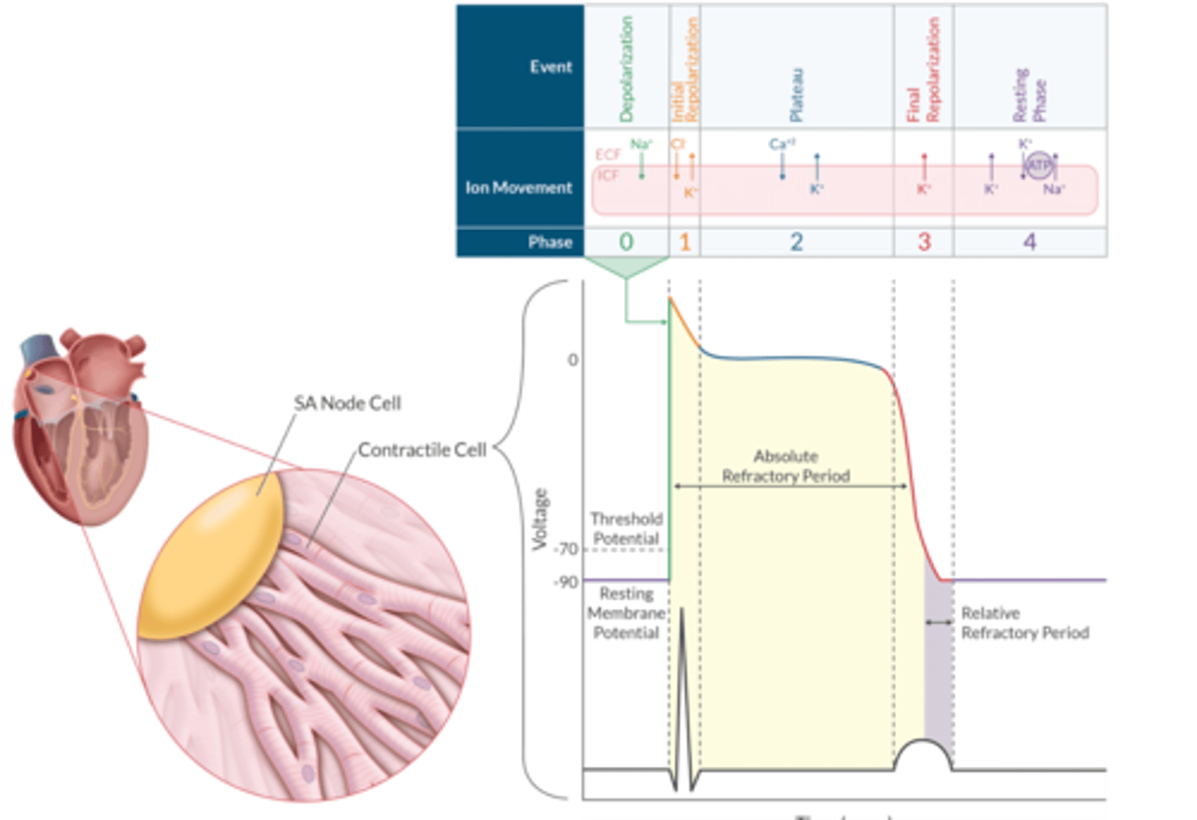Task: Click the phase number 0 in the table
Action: coord(626,242)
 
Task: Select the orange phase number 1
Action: coord(685,242)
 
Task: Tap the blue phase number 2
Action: coord(796,242)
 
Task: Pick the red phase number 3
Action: coord(924,242)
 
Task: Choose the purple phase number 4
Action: coord(1030,242)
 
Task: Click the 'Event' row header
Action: coord(550,66)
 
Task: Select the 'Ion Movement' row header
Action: coord(519,188)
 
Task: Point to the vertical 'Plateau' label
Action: coord(796,95)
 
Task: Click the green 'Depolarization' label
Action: coord(627,69)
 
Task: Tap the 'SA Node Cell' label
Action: coord(347,403)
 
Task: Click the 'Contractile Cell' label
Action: coord(421,449)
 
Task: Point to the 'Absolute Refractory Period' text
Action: coord(786,466)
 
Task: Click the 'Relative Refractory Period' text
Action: coord(1024,623)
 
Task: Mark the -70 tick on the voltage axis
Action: coord(568,549)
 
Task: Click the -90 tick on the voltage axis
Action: coord(566,582)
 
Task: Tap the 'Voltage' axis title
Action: coord(540,519)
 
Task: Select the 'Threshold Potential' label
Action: coord(626,528)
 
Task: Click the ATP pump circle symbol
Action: coord(1039,165)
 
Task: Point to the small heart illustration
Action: coord(80,424)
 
